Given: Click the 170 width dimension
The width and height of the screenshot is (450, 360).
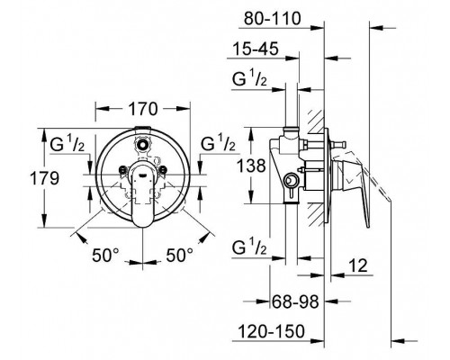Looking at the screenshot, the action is tap(143, 109).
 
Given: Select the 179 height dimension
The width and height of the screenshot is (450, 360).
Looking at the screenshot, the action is tap(45, 178).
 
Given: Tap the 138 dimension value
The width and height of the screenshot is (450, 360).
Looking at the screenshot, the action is tap(251, 166).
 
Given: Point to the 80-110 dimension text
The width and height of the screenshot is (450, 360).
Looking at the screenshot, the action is tap(272, 19).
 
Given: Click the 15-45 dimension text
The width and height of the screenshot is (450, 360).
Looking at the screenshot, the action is tap(256, 49).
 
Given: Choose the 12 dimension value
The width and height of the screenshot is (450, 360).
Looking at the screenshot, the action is tap(358, 265).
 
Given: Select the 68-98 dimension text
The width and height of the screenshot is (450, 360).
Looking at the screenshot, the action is tap(295, 301).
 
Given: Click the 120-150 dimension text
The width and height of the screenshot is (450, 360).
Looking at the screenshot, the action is tap(271, 331).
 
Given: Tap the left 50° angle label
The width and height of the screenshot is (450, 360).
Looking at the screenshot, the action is tap(105, 256).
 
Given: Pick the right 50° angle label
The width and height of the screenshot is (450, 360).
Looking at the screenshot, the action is tap(180, 256).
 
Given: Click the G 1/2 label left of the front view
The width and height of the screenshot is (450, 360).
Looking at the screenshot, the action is tap(67, 143).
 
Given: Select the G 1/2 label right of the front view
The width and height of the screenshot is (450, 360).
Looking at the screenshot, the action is tap(218, 143).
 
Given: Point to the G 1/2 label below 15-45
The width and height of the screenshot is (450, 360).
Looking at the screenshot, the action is tap(249, 78).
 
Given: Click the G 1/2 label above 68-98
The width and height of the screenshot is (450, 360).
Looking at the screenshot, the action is tap(249, 247).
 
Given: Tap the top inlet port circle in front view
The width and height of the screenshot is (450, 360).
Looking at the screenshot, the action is tap(142, 144).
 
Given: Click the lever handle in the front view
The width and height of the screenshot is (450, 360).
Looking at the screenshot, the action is tap(142, 193).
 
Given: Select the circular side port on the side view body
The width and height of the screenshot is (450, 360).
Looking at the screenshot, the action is tap(290, 181).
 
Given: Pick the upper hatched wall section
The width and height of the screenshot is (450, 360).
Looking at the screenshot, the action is tap(316, 121).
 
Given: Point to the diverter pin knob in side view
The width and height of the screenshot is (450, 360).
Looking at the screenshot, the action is tap(340, 145).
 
